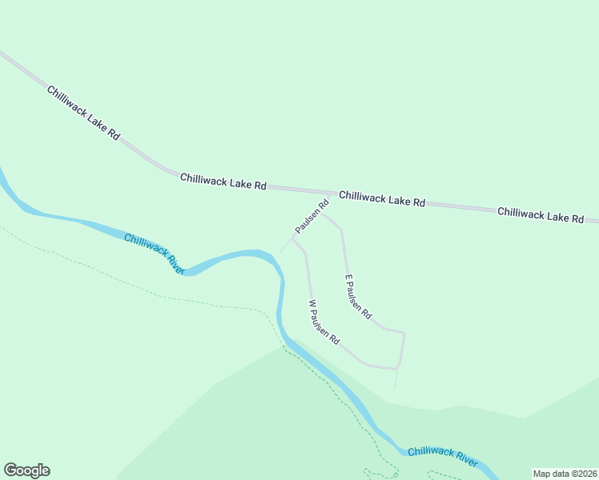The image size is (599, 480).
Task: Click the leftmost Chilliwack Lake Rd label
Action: click(x=83, y=114)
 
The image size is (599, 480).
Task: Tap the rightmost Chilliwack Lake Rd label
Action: click(x=541, y=215)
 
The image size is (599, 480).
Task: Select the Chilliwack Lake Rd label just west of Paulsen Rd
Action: click(x=223, y=181)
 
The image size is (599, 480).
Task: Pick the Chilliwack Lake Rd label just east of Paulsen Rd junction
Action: click(x=381, y=199)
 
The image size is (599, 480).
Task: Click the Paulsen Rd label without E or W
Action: click(x=312, y=217)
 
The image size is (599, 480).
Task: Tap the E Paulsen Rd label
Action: click(x=358, y=297)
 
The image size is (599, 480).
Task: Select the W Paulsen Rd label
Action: click(x=324, y=322)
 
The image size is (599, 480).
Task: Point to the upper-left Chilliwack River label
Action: click(x=155, y=254)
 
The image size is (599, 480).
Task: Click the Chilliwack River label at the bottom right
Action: click(x=443, y=457)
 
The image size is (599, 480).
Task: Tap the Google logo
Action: click(x=26, y=470)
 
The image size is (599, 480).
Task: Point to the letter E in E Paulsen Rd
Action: click(x=348, y=279)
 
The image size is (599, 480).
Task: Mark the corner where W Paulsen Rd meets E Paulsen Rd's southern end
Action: click(x=397, y=369)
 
